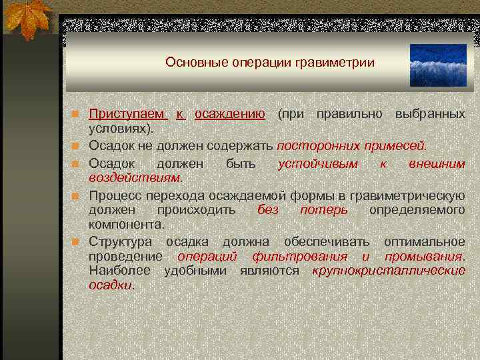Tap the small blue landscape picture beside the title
coord(438,66)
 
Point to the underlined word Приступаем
coord(127,114)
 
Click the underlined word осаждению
coord(230,114)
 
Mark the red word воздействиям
coord(135,177)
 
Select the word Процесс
coord(116,196)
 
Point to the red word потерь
coord(324,210)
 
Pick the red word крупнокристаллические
coord(389,271)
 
